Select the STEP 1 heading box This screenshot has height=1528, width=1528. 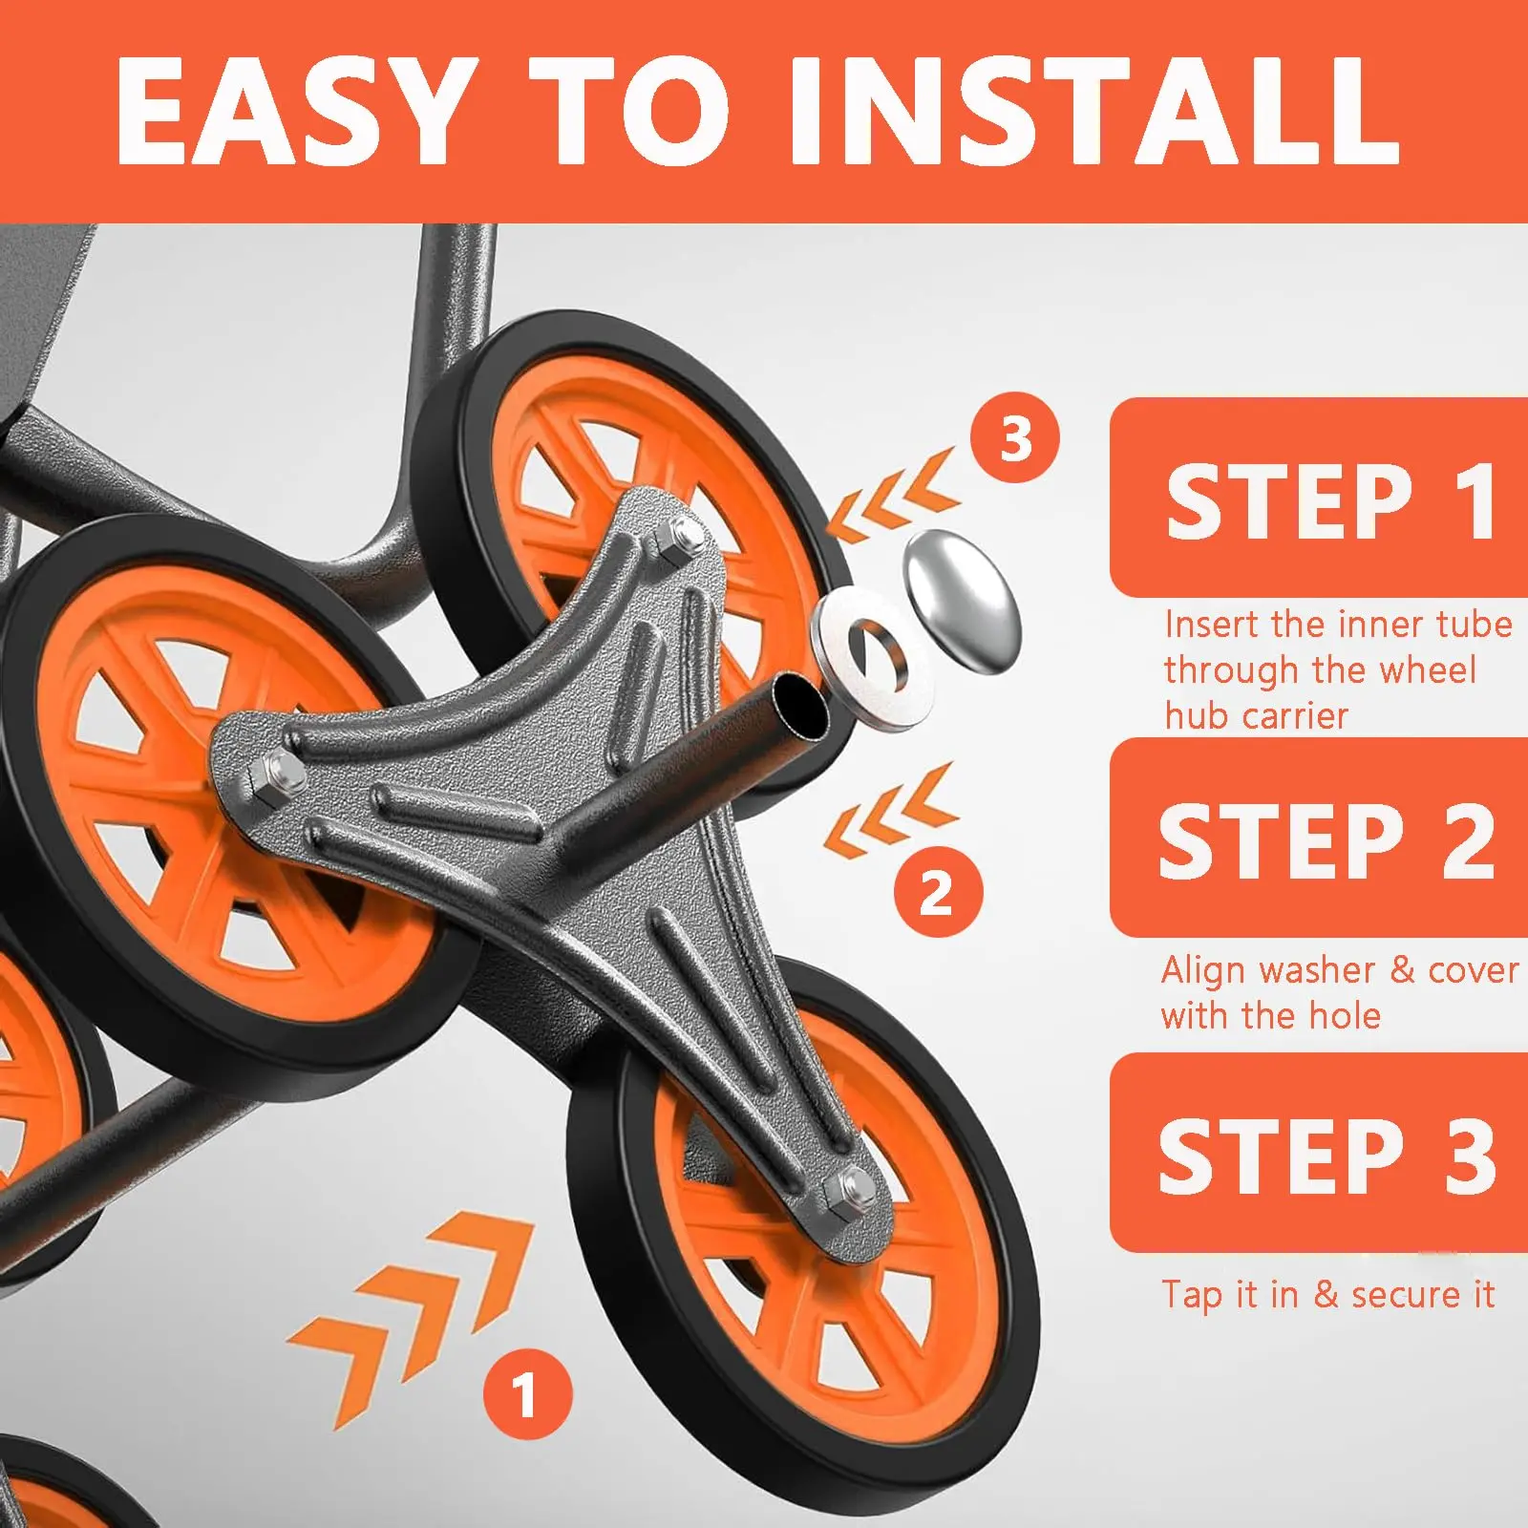(1319, 498)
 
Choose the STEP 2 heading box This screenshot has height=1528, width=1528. (1319, 838)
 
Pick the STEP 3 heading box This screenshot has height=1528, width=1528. (1319, 1153)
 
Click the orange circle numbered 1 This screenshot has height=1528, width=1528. (528, 1395)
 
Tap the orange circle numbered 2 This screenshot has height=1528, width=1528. (938, 892)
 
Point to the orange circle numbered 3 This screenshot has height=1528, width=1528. (1015, 438)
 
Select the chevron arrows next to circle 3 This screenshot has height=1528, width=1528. (892, 495)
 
